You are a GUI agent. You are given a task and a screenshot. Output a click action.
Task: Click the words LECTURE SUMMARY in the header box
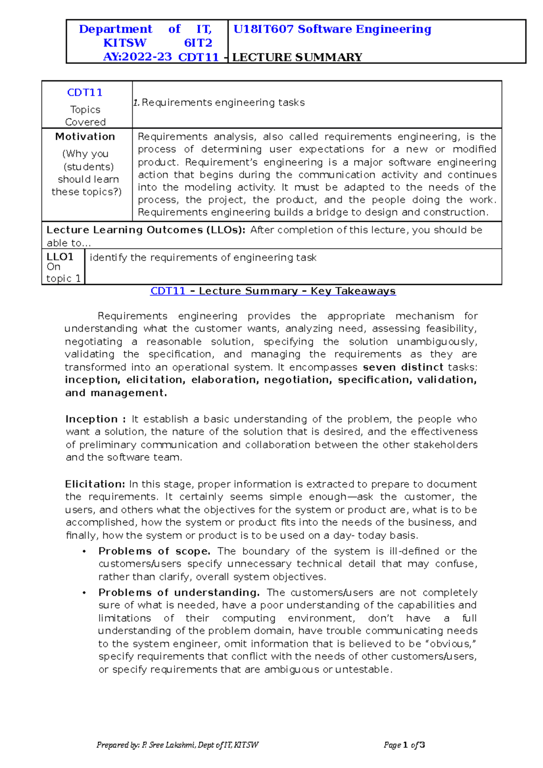point(297,57)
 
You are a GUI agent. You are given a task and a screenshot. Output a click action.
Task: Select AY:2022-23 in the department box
point(138,57)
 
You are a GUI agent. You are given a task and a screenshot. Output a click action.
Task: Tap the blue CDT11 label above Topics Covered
point(85,93)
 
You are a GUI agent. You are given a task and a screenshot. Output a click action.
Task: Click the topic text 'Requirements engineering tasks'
point(223,103)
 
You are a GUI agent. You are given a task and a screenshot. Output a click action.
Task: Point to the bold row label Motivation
point(85,137)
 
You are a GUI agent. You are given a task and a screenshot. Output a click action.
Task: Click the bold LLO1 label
point(60,257)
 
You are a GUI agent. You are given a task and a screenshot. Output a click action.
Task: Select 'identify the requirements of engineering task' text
point(203,258)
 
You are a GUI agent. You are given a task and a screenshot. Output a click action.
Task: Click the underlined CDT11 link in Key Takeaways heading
point(167,291)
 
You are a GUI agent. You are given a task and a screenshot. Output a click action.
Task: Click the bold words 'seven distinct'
point(403,367)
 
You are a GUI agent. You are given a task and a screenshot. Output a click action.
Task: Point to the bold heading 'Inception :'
point(95,419)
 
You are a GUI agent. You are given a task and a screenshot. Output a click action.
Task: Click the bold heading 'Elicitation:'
point(95,484)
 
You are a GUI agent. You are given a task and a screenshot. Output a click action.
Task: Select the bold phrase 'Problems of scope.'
point(154,551)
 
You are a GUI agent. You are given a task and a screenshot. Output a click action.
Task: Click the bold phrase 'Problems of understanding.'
point(179,593)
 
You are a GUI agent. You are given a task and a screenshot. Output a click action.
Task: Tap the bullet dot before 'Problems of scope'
point(84,552)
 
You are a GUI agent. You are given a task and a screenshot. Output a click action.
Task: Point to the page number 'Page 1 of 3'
point(404,745)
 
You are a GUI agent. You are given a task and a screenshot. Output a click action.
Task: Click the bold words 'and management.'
point(116,393)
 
